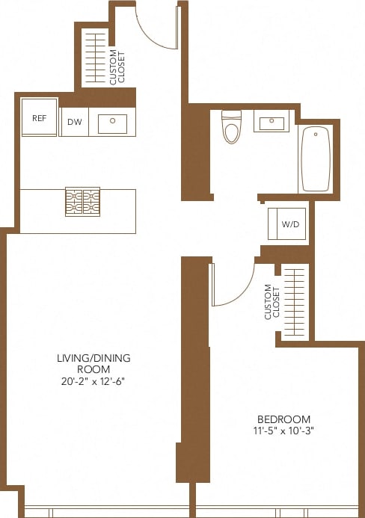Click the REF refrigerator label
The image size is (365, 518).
coord(39,118)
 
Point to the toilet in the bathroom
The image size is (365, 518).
coord(231,128)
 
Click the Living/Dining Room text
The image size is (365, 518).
coord(93,364)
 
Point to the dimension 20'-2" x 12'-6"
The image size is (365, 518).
coord(93,381)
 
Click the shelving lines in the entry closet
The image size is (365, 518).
coord(95,60)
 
